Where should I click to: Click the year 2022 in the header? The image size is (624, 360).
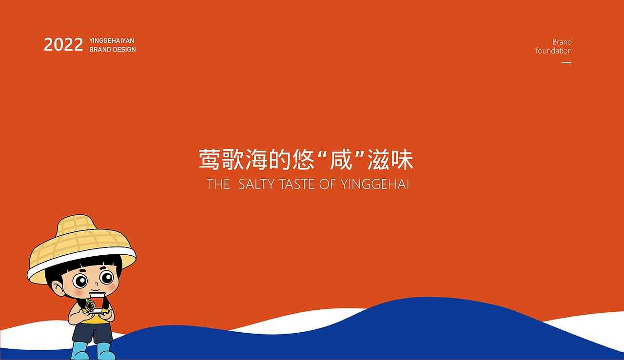[63, 45]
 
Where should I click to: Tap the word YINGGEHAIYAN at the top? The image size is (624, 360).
[112, 40]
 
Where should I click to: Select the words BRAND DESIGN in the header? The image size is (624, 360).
[113, 50]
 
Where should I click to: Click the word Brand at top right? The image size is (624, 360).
[562, 42]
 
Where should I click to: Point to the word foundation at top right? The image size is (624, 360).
[554, 51]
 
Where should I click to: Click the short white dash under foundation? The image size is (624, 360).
[566, 63]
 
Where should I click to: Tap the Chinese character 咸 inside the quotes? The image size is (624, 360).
[341, 160]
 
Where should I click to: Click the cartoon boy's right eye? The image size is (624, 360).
[106, 278]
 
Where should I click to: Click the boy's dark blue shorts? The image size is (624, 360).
[93, 333]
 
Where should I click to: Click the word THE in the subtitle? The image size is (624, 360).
[218, 184]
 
